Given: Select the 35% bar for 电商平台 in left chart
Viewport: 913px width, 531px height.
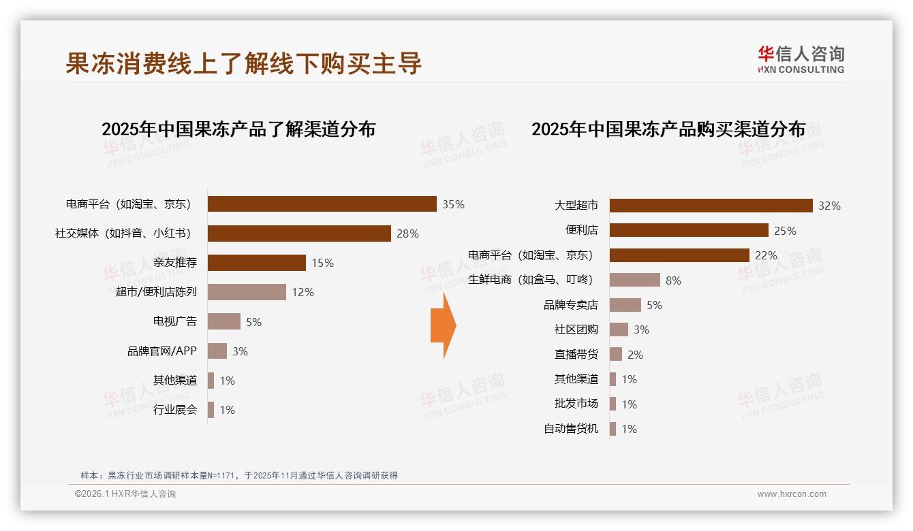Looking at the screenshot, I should pos(322,204).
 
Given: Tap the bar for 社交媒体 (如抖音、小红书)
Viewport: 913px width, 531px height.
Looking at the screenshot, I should pos(299,234).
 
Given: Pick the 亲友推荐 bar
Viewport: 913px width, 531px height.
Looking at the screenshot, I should pos(256,263).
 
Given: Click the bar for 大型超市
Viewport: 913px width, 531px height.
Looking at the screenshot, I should pos(711,206).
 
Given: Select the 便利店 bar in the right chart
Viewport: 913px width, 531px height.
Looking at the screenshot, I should pos(689,230).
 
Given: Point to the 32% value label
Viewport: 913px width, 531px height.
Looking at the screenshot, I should pos(829,206).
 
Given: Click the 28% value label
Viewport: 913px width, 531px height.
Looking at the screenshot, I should pos(407,234).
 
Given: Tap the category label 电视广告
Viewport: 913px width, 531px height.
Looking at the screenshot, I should pos(175,321).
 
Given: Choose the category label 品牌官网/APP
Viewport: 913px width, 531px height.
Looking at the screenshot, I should pos(162,351).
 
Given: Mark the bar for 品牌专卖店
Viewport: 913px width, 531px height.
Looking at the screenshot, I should pos(625,305).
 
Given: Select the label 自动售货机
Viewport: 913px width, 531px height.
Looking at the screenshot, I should pos(571,429).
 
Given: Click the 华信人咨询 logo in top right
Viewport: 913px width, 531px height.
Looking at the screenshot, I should pos(801,60).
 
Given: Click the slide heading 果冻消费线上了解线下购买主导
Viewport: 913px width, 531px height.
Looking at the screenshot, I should pos(244,63).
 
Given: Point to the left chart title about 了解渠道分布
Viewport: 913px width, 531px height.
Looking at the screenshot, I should pos(238,129).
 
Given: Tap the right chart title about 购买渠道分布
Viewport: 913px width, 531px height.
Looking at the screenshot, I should pos(668,129).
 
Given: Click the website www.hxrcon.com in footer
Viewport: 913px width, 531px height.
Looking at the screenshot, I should pos(792,494).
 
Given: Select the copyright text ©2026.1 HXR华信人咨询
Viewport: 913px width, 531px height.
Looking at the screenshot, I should pos(125,494).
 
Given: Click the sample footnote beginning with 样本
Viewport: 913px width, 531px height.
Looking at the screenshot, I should pos(238,476).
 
